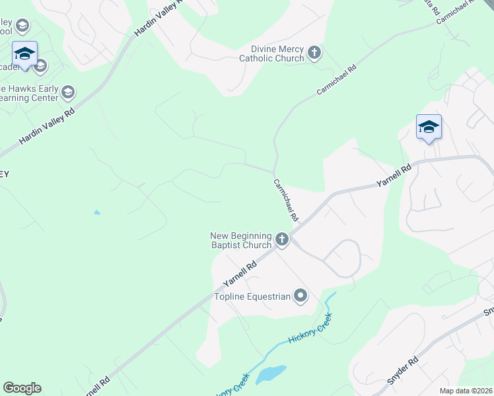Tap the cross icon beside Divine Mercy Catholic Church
coord(314,53)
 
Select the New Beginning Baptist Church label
coord(241,240)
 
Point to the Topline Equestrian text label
coord(252,296)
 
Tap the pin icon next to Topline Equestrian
coord(300,296)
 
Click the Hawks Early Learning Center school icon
coord(69,92)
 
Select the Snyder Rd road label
coord(403,371)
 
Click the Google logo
coord(22,388)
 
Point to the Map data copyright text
coord(466,391)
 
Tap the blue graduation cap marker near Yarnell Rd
coord(429,127)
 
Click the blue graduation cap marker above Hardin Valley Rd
coord(24,54)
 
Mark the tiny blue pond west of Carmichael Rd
coord(97,213)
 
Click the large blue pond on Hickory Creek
coord(271,374)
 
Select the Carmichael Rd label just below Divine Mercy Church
coord(336,79)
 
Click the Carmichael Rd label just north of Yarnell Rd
coord(286,200)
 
